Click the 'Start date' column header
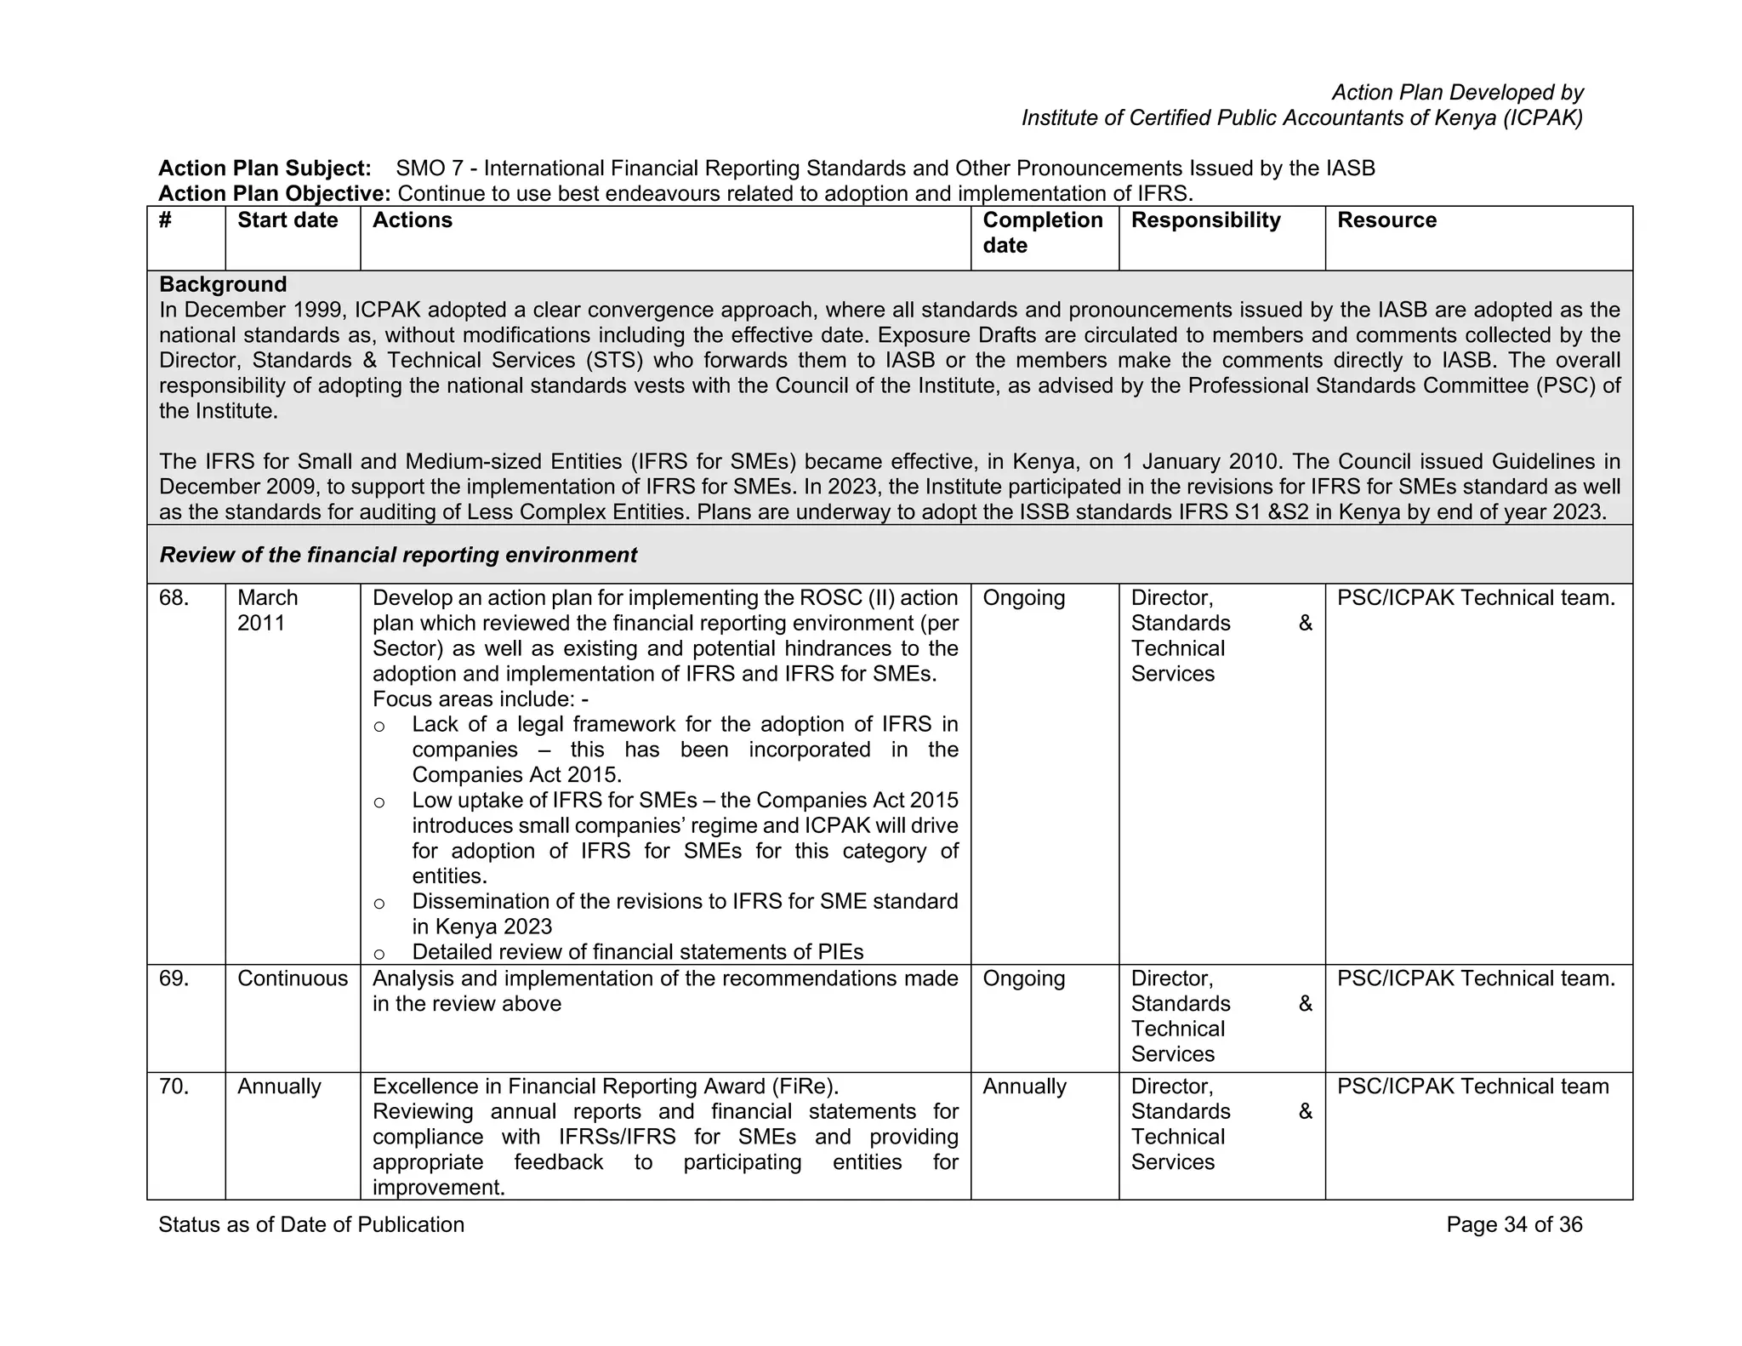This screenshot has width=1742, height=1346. (x=287, y=220)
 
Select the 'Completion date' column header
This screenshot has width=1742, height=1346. (x=1042, y=232)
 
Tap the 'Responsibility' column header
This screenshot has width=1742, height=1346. (x=1205, y=220)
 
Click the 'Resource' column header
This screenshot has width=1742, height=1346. (x=1386, y=220)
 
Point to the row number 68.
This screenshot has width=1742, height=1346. (x=174, y=598)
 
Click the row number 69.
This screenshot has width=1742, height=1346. (x=174, y=978)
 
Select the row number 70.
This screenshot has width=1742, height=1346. (x=174, y=1086)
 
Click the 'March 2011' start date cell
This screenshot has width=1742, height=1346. (x=267, y=610)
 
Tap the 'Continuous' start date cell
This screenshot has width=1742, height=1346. (x=293, y=978)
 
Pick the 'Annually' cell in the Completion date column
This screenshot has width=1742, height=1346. (x=1024, y=1086)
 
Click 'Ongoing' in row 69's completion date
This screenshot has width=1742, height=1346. (x=1024, y=978)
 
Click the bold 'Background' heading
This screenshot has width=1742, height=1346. (x=223, y=284)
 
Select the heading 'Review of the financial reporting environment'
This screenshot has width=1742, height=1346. (x=398, y=556)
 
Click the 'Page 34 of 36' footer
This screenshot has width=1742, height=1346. (x=1514, y=1225)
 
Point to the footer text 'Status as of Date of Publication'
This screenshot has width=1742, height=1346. (x=311, y=1225)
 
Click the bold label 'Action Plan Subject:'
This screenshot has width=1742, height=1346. (x=265, y=168)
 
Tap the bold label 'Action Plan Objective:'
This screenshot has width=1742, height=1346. (x=274, y=194)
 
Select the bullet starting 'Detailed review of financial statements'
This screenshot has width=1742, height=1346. (x=637, y=952)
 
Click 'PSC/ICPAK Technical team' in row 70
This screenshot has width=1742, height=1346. (x=1472, y=1086)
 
